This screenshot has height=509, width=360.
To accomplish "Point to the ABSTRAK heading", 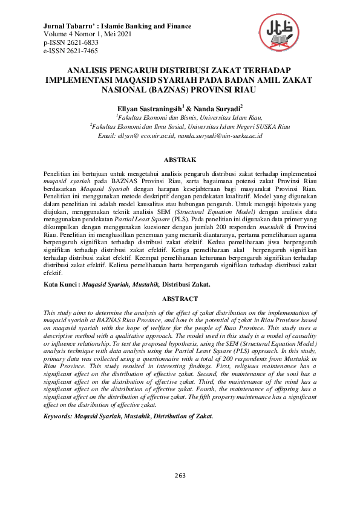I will (x=180, y=160).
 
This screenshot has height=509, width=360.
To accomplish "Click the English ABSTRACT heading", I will (x=180, y=299).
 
